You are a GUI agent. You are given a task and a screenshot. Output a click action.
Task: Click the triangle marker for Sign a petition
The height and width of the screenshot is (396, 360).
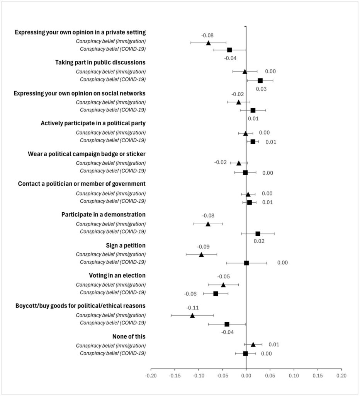point(201,254)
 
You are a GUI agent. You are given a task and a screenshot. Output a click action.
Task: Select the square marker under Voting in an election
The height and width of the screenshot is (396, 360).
point(216,294)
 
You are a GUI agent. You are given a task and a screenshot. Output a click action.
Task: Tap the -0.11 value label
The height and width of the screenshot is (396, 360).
point(192,308)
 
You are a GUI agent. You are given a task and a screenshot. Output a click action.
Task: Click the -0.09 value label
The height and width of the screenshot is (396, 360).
point(203,246)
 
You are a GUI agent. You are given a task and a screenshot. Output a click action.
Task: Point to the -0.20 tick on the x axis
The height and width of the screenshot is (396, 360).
point(151,375)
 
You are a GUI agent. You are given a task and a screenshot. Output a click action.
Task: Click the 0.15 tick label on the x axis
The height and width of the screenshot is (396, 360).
point(318,375)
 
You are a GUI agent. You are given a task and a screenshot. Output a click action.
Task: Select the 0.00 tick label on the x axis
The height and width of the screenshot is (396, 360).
point(246,375)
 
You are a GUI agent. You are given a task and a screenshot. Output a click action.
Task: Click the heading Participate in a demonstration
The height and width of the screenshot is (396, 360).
point(104,214)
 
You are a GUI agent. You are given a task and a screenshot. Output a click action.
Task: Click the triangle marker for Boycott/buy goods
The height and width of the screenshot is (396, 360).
point(192,316)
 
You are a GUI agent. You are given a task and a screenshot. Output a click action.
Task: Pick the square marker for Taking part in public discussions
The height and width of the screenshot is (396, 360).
point(260,80)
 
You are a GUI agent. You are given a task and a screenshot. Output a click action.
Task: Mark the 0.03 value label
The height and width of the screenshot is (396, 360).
point(261,89)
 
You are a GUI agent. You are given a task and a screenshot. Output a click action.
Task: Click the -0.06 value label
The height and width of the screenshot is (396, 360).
point(190,294)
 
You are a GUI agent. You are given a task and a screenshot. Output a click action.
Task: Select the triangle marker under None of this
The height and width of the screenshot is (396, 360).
point(253,345)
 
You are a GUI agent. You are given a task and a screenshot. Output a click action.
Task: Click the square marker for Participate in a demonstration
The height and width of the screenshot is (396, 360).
point(258,234)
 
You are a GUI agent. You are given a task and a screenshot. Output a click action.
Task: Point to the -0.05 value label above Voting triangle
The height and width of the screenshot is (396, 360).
point(223,277)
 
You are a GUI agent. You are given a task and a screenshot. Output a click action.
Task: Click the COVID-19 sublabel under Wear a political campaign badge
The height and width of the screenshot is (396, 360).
point(113,171)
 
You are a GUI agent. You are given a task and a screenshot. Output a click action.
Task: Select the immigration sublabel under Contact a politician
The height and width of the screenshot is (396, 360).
point(111,193)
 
